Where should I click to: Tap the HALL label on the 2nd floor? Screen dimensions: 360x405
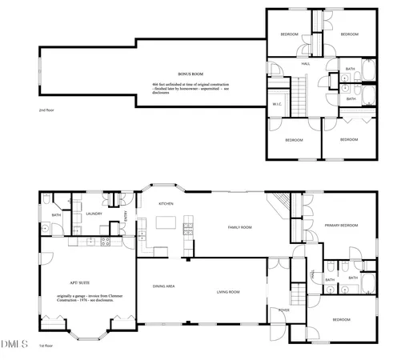tap(305, 64)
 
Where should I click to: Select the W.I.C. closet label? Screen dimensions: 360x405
tap(276, 103)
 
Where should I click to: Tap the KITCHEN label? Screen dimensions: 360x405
tap(166, 203)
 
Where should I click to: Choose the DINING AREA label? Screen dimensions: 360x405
tap(163, 286)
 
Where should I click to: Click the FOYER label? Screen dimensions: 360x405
tap(283, 310)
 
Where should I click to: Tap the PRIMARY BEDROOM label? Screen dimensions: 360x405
tap(339, 226)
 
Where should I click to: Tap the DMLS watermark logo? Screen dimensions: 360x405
tap(14, 345)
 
